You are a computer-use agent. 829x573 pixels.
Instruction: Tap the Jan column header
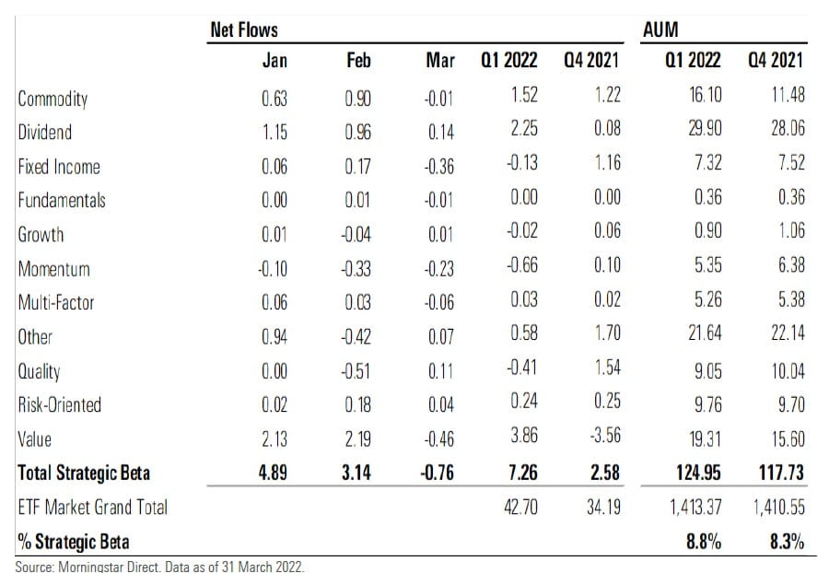pyautogui.click(x=274, y=62)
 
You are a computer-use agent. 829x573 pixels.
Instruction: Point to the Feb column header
pyautogui.click(x=357, y=62)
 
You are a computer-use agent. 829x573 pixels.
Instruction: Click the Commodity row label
pyautogui.click(x=53, y=99)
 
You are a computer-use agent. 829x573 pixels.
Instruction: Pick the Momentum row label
pyautogui.click(x=54, y=268)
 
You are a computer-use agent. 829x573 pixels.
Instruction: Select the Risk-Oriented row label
pyautogui.click(x=59, y=403)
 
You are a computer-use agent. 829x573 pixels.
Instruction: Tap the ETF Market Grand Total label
pyautogui.click(x=93, y=506)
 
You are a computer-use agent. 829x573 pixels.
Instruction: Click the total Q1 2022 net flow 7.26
pyautogui.click(x=522, y=473)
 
